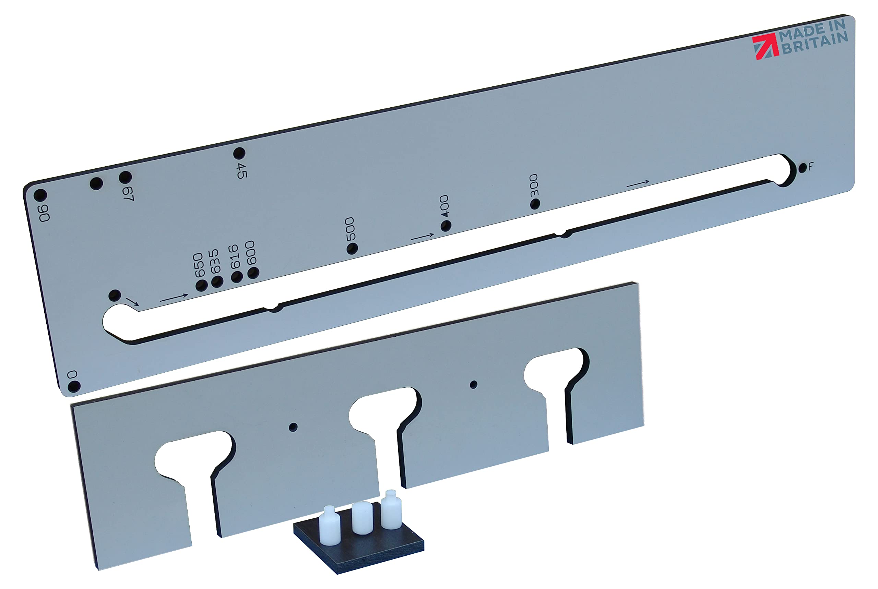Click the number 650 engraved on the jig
pyautogui.click(x=198, y=265)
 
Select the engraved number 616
pyautogui.click(x=234, y=257)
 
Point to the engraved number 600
pyautogui.click(x=250, y=253)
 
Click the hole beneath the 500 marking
pyautogui.click(x=352, y=248)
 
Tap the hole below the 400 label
pyautogui.click(x=446, y=226)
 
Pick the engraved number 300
pyautogui.click(x=534, y=185)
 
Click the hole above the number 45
pyautogui.click(x=239, y=153)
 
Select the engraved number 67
pyautogui.click(x=129, y=193)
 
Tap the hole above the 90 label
pyautogui.click(x=40, y=195)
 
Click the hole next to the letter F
pyautogui.click(x=802, y=168)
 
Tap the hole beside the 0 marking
pyautogui.click(x=74, y=386)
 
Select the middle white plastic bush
pyautogui.click(x=362, y=517)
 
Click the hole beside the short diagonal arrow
pyautogui.click(x=115, y=295)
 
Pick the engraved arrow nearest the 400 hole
pyautogui.click(x=422, y=237)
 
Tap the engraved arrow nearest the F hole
pyautogui.click(x=638, y=184)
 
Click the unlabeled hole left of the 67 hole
pyautogui.click(x=97, y=183)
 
